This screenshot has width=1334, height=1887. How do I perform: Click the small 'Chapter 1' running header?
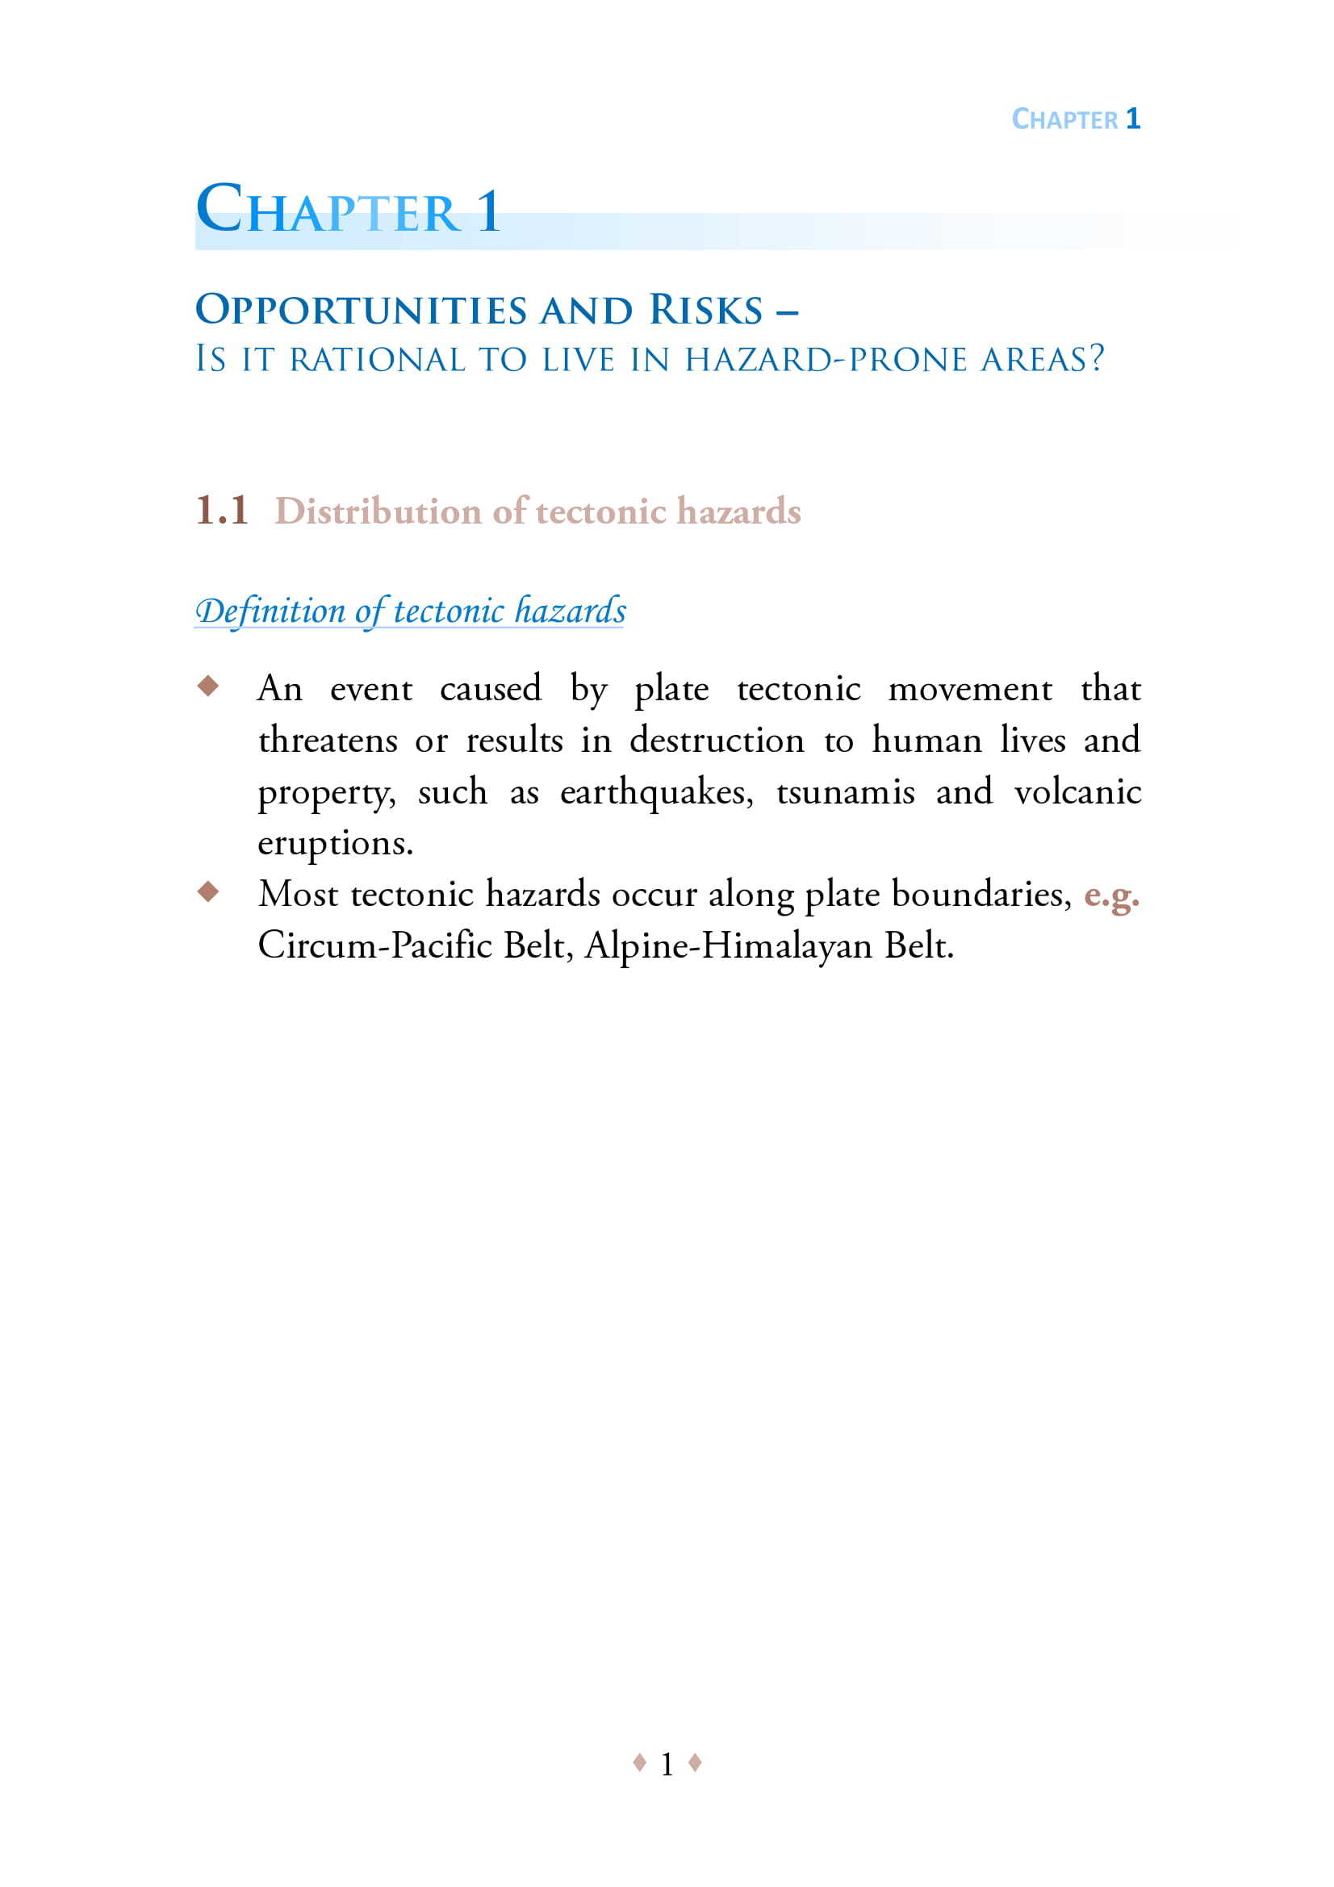1075,119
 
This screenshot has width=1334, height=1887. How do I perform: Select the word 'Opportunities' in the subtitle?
361,310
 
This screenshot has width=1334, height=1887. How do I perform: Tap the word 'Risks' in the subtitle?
706,310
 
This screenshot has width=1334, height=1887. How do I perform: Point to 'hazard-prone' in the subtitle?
826,359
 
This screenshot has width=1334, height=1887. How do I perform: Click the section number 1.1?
222,511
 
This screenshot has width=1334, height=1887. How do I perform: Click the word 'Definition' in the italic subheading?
270,611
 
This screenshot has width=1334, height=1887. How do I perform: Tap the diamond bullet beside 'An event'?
209,685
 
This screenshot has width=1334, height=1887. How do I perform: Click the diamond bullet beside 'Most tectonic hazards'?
209,891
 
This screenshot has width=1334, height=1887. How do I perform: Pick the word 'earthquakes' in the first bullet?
655,792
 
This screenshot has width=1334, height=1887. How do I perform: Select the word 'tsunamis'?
845,791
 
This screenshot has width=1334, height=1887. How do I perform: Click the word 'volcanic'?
1077,791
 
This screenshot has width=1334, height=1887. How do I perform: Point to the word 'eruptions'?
334,844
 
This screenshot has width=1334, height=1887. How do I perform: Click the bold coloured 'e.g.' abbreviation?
1111,895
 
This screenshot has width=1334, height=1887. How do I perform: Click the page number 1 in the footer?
667,1764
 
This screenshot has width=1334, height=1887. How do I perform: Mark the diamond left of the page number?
639,1762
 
